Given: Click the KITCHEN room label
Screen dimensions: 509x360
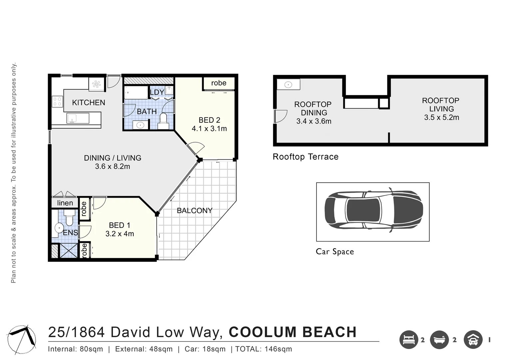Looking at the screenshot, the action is [x=89, y=103].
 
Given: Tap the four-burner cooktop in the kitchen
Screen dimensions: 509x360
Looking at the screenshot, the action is [x=57, y=102].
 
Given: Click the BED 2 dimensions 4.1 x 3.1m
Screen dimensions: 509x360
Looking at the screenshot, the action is [x=209, y=129].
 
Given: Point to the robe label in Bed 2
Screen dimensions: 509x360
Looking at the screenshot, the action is [x=219, y=83].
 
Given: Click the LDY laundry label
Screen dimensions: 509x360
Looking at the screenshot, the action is [x=157, y=92].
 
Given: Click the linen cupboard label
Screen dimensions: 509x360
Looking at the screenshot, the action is [x=65, y=203].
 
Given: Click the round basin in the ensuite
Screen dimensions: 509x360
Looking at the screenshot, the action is [x=59, y=228].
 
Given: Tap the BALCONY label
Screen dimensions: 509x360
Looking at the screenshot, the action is [x=195, y=211].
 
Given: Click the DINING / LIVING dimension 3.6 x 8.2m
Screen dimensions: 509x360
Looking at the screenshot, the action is [x=113, y=166].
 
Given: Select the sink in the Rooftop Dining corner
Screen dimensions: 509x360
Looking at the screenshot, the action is [x=288, y=85].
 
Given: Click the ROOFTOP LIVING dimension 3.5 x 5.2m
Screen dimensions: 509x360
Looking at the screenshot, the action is [x=441, y=118].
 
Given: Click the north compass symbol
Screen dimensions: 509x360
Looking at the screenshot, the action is [x=21, y=339].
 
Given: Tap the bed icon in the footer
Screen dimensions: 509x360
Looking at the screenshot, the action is [x=409, y=340].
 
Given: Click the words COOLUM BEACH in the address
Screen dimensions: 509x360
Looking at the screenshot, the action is [x=292, y=332].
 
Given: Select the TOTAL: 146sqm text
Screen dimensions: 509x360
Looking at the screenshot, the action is [x=263, y=349].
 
